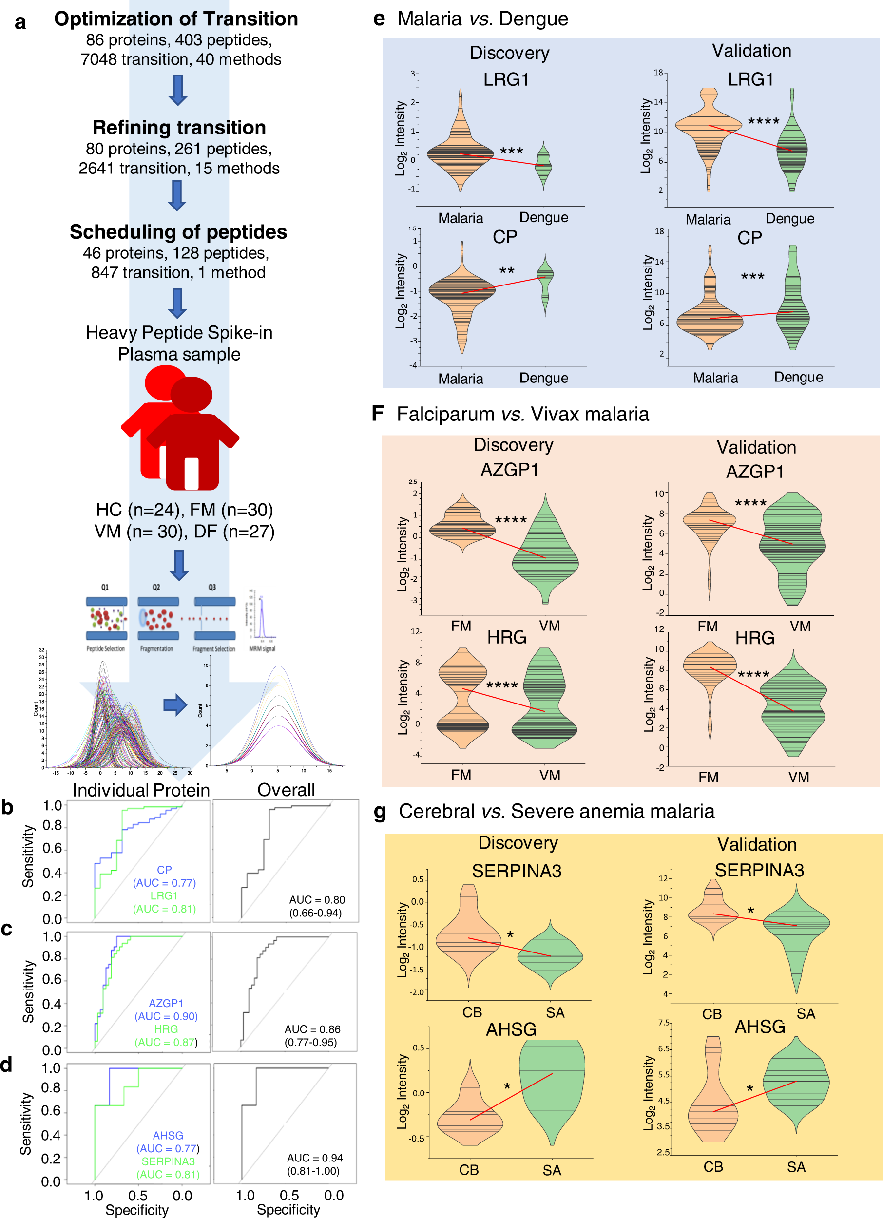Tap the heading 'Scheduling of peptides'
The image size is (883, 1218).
[178, 232]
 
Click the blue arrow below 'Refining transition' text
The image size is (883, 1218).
[177, 195]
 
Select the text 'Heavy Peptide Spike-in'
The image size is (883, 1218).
[179, 332]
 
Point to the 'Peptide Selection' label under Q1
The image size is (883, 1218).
[106, 649]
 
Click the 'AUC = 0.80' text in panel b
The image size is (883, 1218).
[317, 899]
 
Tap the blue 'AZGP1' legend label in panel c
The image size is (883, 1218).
[166, 1003]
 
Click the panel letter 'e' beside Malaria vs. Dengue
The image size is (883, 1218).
[379, 19]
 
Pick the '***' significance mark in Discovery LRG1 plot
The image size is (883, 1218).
[511, 152]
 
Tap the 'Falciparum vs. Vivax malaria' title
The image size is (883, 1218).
[522, 414]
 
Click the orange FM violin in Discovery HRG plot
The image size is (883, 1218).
[462, 698]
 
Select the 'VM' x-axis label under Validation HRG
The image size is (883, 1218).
[799, 777]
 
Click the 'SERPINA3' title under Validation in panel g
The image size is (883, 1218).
[759, 870]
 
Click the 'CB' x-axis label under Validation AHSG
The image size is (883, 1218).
[713, 1167]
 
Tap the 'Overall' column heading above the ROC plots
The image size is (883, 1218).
[286, 790]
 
